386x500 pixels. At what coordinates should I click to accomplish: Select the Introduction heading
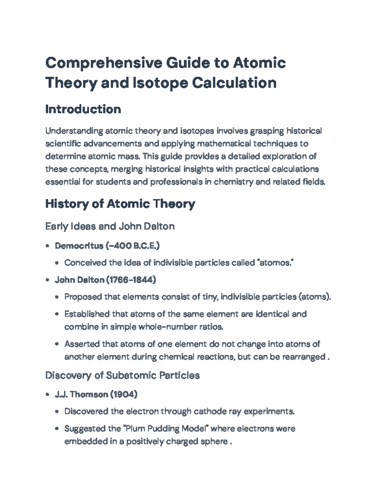83,109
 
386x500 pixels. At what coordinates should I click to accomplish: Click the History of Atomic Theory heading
120,204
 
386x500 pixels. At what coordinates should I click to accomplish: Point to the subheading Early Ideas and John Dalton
110,226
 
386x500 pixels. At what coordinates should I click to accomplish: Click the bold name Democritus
79,246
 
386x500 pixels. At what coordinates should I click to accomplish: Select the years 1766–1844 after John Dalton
131,280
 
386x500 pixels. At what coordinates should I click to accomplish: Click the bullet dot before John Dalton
48,280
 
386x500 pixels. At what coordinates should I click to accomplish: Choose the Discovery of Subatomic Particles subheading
122,375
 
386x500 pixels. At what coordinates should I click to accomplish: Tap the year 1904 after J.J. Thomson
124,394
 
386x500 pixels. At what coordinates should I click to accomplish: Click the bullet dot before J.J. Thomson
48,395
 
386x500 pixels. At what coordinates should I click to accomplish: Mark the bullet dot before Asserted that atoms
57,344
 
